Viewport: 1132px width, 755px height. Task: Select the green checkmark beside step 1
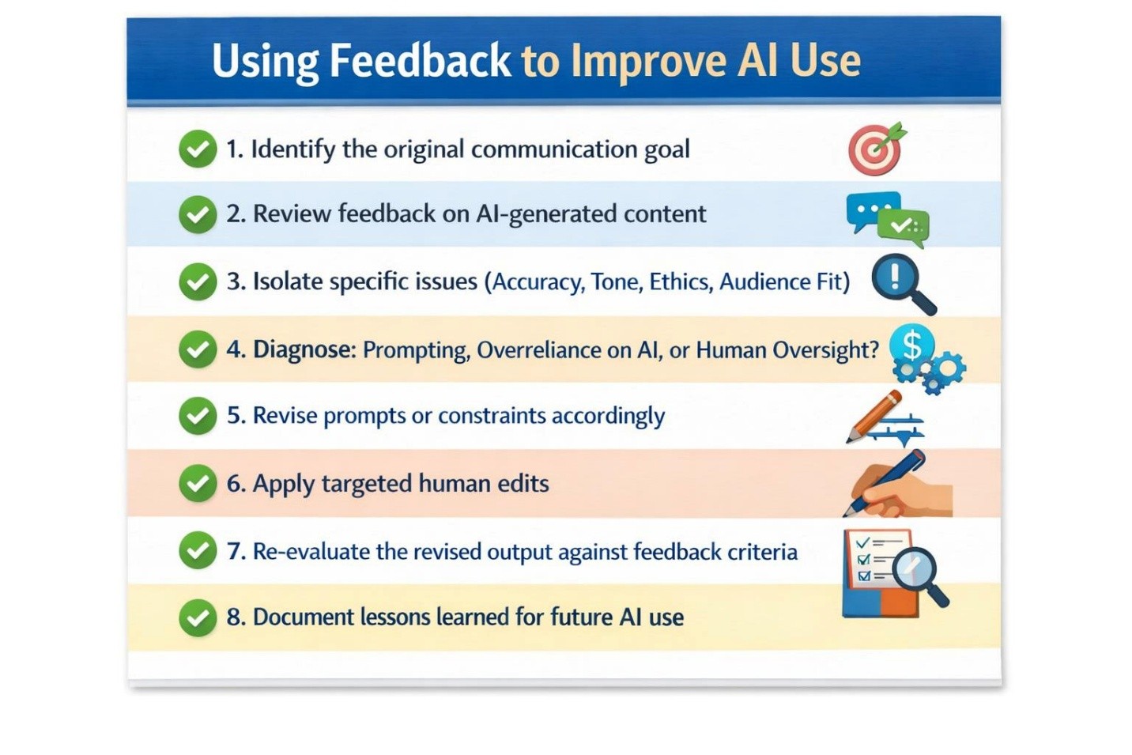[198, 149]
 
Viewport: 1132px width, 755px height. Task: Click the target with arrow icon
[876, 149]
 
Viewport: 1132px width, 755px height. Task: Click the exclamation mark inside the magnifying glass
[895, 277]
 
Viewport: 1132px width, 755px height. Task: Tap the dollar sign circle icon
[911, 345]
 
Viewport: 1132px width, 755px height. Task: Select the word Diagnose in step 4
[305, 349]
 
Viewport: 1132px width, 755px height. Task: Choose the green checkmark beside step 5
[198, 415]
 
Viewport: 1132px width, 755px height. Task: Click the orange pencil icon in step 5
[874, 417]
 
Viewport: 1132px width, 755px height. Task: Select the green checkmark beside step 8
[198, 617]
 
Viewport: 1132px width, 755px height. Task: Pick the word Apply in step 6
[283, 485]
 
